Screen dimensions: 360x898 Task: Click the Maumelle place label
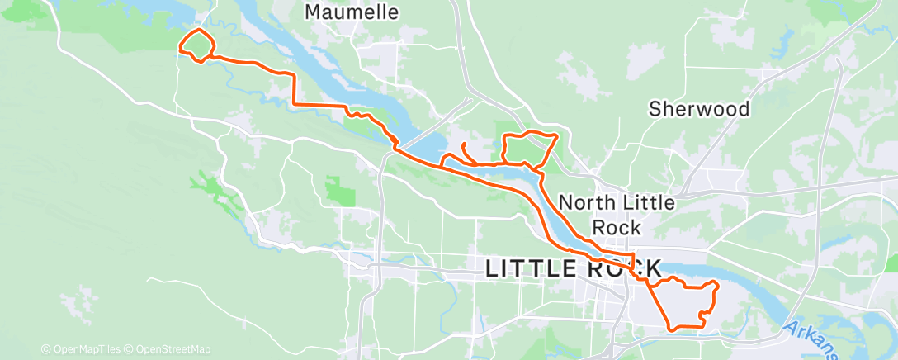coord(352,12)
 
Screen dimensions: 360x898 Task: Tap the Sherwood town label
coord(699,109)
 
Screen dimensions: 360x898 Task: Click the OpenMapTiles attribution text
coord(85,349)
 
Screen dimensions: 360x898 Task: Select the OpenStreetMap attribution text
coord(173,349)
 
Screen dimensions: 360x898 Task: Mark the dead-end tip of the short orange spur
coord(464,144)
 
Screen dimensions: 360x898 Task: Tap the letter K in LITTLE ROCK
coord(650,268)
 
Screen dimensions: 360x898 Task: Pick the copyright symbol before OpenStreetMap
coord(129,349)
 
